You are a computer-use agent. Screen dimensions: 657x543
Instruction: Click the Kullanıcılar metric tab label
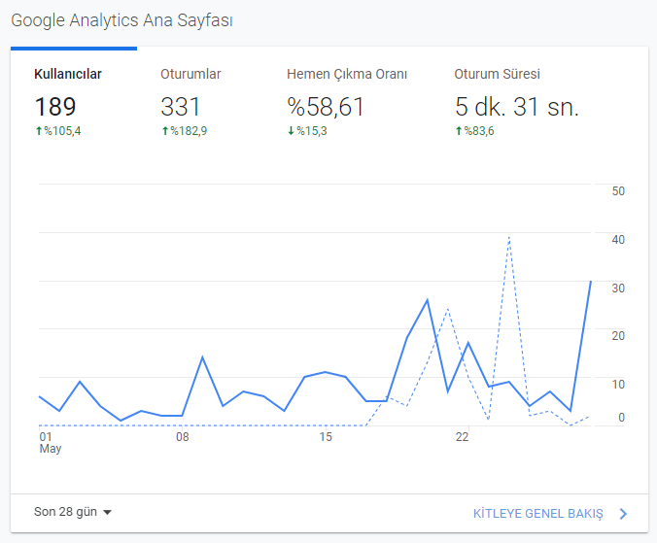point(68,74)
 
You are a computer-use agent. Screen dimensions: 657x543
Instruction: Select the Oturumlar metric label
point(190,74)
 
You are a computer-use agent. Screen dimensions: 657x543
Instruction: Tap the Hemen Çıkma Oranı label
point(347,74)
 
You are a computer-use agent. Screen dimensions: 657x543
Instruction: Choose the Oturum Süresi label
point(497,74)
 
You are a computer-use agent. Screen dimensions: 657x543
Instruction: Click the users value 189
point(55,106)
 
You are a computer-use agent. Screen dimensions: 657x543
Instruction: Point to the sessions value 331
point(180,106)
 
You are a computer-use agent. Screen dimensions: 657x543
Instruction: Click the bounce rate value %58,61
point(326,106)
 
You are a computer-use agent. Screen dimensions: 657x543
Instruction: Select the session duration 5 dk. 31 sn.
point(517,106)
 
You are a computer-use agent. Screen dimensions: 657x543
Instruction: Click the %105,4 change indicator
point(58,131)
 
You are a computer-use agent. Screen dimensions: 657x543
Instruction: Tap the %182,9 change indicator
point(185,131)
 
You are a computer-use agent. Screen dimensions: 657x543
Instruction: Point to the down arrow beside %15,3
point(291,131)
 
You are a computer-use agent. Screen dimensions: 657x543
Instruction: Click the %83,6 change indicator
point(474,131)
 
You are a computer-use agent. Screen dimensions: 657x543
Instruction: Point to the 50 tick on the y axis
point(618,191)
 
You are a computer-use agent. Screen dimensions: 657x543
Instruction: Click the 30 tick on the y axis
point(618,288)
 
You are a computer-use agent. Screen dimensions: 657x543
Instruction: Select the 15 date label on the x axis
point(326,437)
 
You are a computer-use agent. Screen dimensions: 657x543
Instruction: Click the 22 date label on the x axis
point(463,437)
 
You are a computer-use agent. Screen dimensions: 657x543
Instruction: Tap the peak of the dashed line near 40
point(509,237)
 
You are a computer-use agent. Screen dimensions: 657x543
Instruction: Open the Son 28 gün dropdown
point(73,512)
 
